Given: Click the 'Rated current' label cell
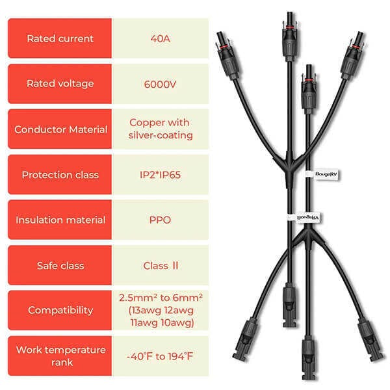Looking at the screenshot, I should (x=60, y=38).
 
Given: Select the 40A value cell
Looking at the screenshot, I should (x=160, y=38).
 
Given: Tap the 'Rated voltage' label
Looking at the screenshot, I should (x=60, y=84).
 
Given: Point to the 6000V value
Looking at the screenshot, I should (x=160, y=84).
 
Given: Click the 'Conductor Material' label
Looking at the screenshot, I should (x=60, y=129).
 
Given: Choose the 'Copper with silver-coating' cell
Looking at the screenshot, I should (x=160, y=129).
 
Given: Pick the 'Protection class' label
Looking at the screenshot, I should (x=60, y=175).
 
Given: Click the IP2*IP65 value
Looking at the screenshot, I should (x=160, y=175).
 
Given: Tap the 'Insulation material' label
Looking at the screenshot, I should (x=60, y=220).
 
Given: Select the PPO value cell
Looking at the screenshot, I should (x=160, y=220).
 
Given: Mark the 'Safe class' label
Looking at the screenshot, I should (x=60, y=265).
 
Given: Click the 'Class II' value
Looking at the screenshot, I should (x=160, y=265).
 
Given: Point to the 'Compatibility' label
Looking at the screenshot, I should (x=60, y=311).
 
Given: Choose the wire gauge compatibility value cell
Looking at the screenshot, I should (x=160, y=311).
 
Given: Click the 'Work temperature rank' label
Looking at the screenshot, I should (x=60, y=356).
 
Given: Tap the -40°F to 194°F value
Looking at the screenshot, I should (x=160, y=356).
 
